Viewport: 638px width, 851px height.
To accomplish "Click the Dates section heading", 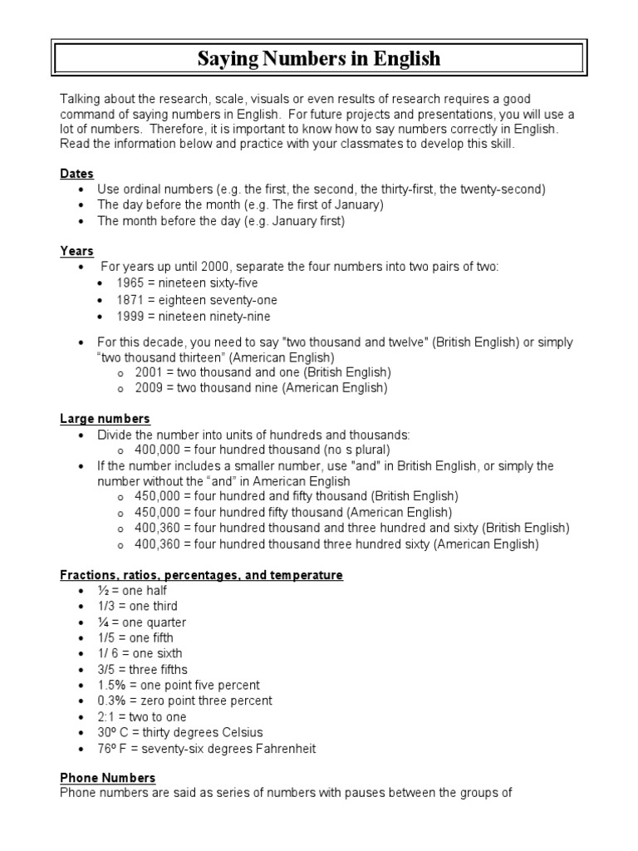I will pos(76,174).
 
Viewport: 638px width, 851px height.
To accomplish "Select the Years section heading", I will pos(76,251).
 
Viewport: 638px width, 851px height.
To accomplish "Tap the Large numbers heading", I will pos(105,419).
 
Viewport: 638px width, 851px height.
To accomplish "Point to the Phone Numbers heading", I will pos(107,778).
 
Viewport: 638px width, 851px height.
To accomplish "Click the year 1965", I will pos(130,283).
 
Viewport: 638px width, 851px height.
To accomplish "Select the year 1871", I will pos(130,300).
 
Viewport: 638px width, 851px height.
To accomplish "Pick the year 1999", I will pos(130,316).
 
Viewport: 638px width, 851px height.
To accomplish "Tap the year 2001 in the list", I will pos(148,371).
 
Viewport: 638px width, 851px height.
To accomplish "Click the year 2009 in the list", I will pos(148,387).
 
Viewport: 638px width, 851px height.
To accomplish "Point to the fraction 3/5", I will pos(108,670).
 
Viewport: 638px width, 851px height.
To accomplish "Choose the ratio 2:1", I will pos(107,716).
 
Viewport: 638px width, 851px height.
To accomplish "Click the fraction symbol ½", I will pos(104,590).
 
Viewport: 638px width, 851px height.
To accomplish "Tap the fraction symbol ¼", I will pos(104,622).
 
